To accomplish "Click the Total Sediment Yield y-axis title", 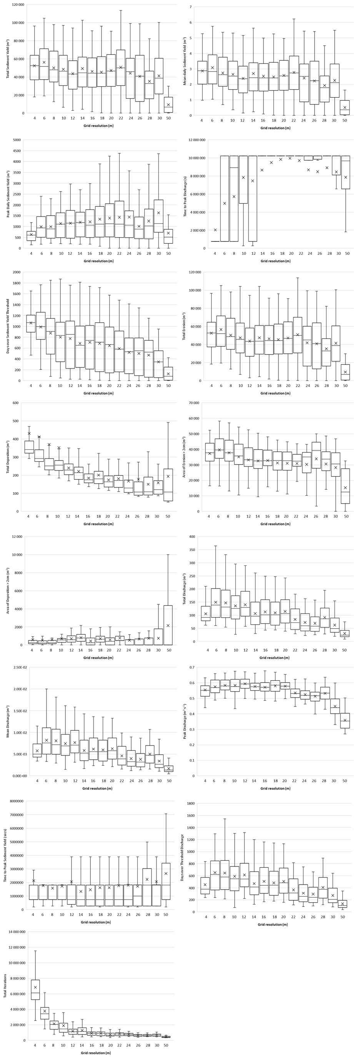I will (8, 59).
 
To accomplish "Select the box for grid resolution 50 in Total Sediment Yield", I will (168, 105).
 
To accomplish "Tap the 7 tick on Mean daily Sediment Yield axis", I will (191, 7).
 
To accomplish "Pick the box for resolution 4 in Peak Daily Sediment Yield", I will (31, 236).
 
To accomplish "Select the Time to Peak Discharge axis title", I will (185, 194).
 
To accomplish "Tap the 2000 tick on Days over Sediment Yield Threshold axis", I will (17, 272).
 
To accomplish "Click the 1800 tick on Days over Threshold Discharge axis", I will (190, 803).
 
